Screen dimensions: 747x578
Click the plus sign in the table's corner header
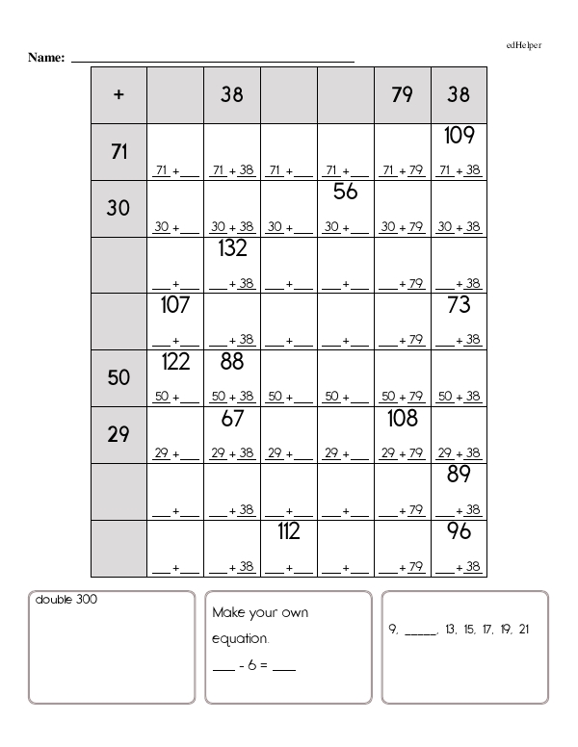click(x=118, y=94)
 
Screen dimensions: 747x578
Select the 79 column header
click(x=403, y=94)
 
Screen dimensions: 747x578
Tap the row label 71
click(x=118, y=150)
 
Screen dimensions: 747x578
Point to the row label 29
click(x=118, y=434)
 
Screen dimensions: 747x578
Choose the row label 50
click(x=118, y=377)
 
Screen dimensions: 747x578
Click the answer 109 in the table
click(x=459, y=136)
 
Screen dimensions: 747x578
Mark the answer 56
click(x=346, y=193)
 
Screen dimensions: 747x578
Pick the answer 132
click(x=232, y=248)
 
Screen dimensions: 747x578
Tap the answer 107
click(x=174, y=305)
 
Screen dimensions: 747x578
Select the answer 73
click(x=459, y=305)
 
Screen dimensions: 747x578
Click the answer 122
click(x=174, y=362)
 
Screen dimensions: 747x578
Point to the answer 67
click(x=232, y=419)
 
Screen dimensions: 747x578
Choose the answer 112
click(x=289, y=531)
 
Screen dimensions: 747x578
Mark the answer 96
click(x=459, y=531)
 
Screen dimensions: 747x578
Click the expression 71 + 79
click(x=403, y=171)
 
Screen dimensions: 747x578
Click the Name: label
click(x=46, y=58)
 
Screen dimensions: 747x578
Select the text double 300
click(x=66, y=600)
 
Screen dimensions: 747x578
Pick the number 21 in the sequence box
click(x=523, y=630)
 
